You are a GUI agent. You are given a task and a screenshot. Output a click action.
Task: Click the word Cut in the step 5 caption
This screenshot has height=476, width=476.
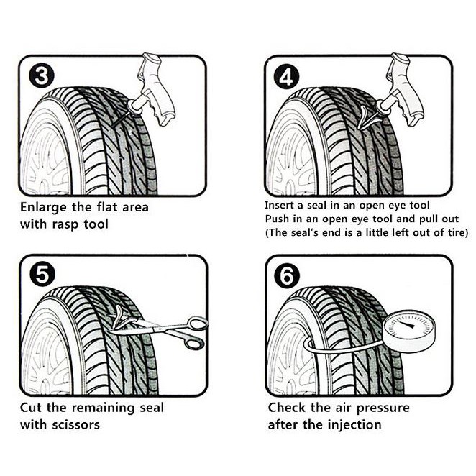click(32, 408)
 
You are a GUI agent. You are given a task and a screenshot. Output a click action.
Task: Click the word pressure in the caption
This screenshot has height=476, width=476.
click(379, 408)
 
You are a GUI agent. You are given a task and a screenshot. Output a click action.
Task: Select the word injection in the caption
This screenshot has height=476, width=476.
click(352, 424)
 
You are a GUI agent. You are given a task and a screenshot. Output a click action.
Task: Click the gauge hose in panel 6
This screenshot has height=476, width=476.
click(338, 349)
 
